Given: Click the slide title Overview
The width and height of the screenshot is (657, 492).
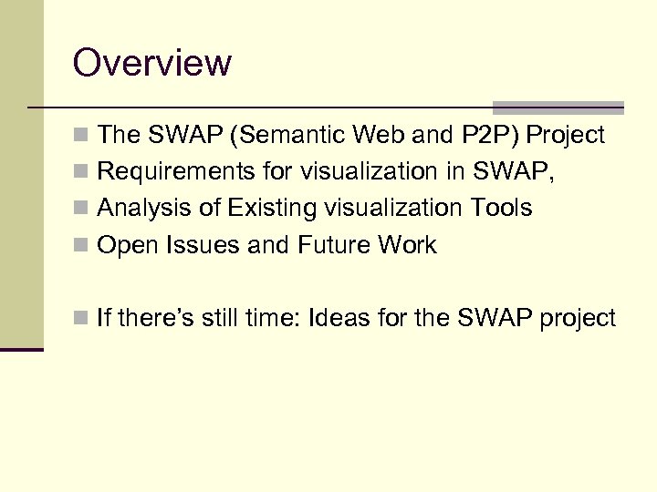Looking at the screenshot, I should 152,64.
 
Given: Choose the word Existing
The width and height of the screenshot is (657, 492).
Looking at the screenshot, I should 269,208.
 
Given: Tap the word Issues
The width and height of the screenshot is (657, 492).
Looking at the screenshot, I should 196,245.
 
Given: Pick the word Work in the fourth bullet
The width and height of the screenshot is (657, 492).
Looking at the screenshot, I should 406,245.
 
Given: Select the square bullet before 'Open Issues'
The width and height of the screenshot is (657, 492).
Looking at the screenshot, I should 81,246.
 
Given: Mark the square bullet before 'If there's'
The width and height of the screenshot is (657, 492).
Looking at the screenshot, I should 81,319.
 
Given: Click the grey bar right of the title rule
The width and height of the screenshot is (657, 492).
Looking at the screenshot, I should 558,107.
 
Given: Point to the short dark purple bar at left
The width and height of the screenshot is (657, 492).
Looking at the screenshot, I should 21,349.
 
